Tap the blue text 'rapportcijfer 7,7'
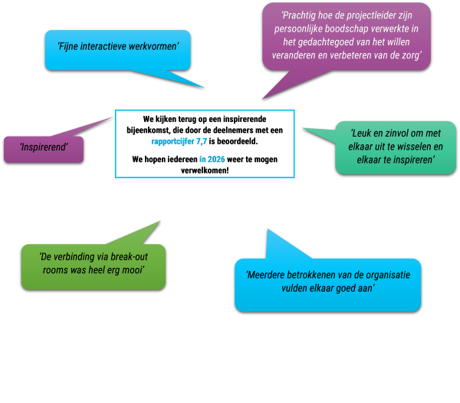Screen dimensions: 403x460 (x=179, y=141)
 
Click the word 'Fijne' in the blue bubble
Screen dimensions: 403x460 (x=71, y=47)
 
